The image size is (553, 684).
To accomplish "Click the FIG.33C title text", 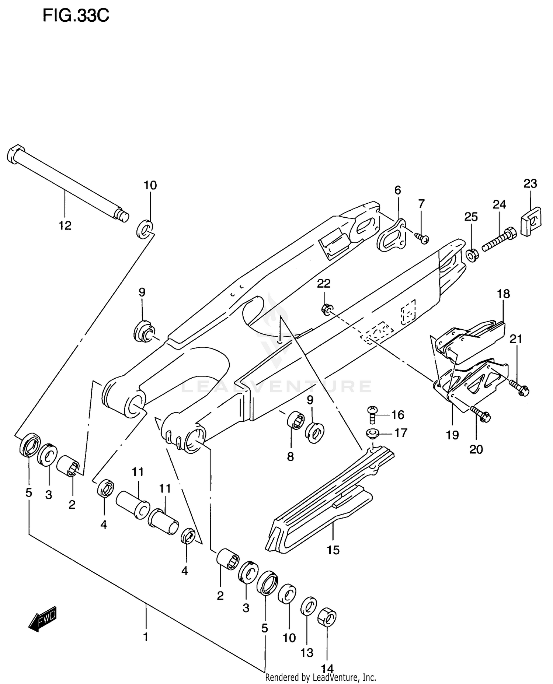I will (76, 16).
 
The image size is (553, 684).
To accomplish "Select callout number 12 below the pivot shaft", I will (65, 225).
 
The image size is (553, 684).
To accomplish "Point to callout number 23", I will (530, 183).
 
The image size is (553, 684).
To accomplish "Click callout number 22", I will (324, 283).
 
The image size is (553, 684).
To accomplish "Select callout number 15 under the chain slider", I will (333, 550).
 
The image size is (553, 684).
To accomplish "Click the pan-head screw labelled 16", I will (372, 414).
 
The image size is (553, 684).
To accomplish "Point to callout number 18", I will (503, 294).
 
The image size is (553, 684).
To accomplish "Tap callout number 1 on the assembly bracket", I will (146, 636).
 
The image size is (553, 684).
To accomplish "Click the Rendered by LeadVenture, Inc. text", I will (320, 677).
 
